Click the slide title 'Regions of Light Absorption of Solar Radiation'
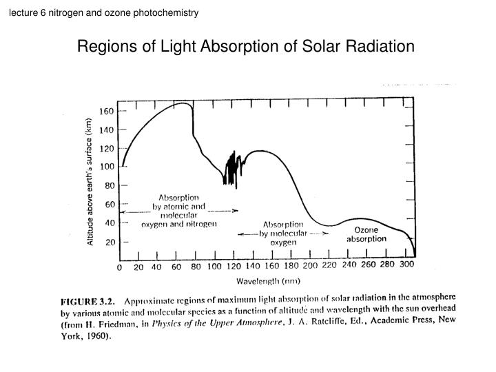246,47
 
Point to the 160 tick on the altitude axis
107,111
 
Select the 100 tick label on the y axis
107,167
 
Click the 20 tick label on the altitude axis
109,242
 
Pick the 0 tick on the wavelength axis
120,266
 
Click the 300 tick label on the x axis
408,265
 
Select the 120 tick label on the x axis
234,266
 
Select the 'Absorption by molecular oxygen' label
283,234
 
